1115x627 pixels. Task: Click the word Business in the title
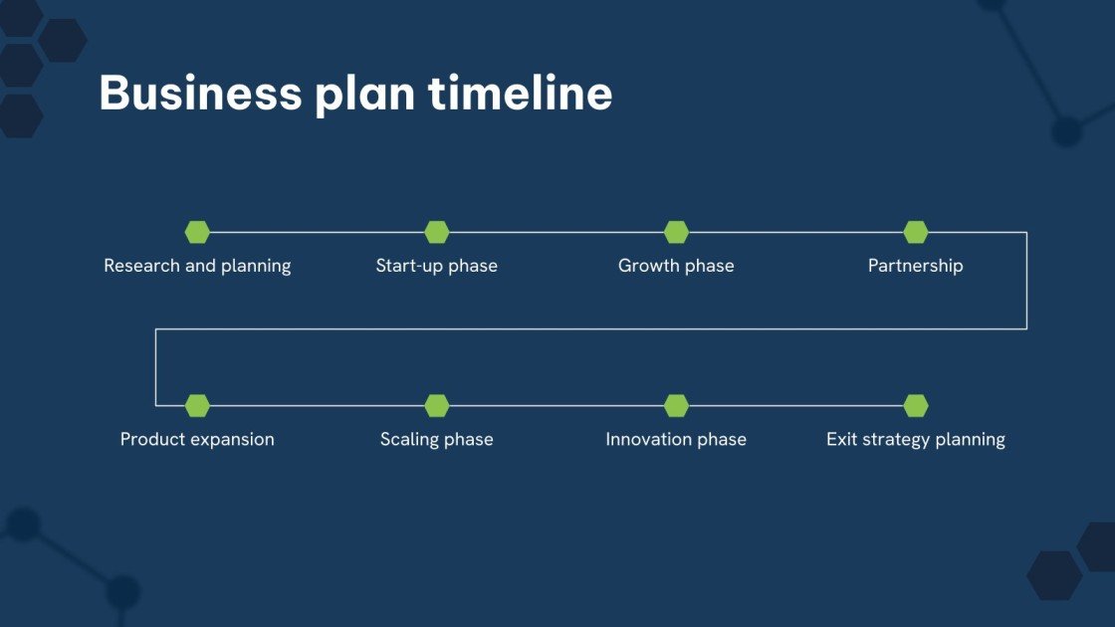(x=199, y=94)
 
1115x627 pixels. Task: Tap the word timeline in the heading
(x=520, y=94)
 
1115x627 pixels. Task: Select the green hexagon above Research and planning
(x=197, y=232)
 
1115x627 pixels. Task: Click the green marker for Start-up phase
(x=437, y=232)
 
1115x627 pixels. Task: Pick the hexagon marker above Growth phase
(x=676, y=232)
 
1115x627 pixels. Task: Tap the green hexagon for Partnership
(x=916, y=232)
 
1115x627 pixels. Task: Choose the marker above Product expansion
(x=197, y=405)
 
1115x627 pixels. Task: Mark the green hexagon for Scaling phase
(x=437, y=405)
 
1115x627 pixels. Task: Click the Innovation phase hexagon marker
(x=676, y=405)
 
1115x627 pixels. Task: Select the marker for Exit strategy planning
(x=916, y=405)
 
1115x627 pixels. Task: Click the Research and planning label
(x=197, y=266)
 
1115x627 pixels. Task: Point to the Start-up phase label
(x=437, y=266)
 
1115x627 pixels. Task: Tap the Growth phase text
(x=676, y=266)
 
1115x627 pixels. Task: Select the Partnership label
(x=916, y=266)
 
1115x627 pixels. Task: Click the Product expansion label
(x=197, y=439)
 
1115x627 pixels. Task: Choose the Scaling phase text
(x=437, y=439)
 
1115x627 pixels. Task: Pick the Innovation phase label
(x=676, y=439)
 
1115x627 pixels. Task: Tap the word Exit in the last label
(x=842, y=439)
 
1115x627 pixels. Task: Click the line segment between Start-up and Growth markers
(x=557, y=232)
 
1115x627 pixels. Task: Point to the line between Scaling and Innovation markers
(x=557, y=405)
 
